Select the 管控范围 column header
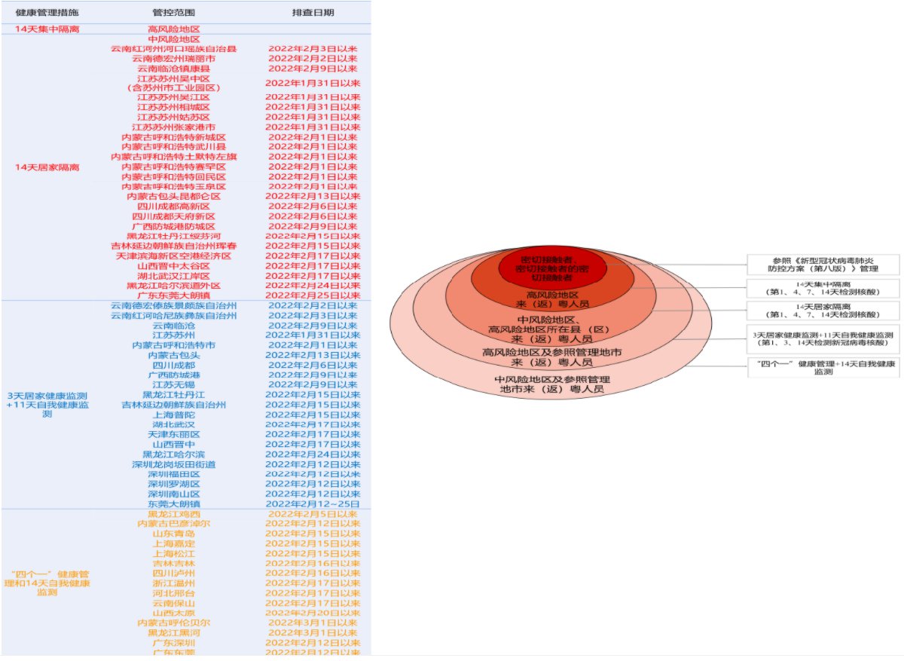tap(174, 13)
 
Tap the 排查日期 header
tap(313, 13)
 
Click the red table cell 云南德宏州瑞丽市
tap(174, 58)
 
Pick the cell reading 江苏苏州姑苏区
tap(174, 117)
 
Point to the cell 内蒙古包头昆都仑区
tap(174, 196)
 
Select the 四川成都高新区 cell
tap(174, 206)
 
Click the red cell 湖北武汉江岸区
tap(174, 276)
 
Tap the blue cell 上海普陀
tap(174, 415)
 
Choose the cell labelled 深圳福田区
tap(174, 474)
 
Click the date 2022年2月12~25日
tap(313, 503)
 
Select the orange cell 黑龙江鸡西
tap(174, 514)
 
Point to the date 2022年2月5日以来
tap(313, 514)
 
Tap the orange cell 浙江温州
tap(174, 583)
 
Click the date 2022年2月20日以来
tap(313, 613)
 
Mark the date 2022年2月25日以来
tap(313, 295)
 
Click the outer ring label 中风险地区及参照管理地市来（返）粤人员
tap(551, 384)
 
